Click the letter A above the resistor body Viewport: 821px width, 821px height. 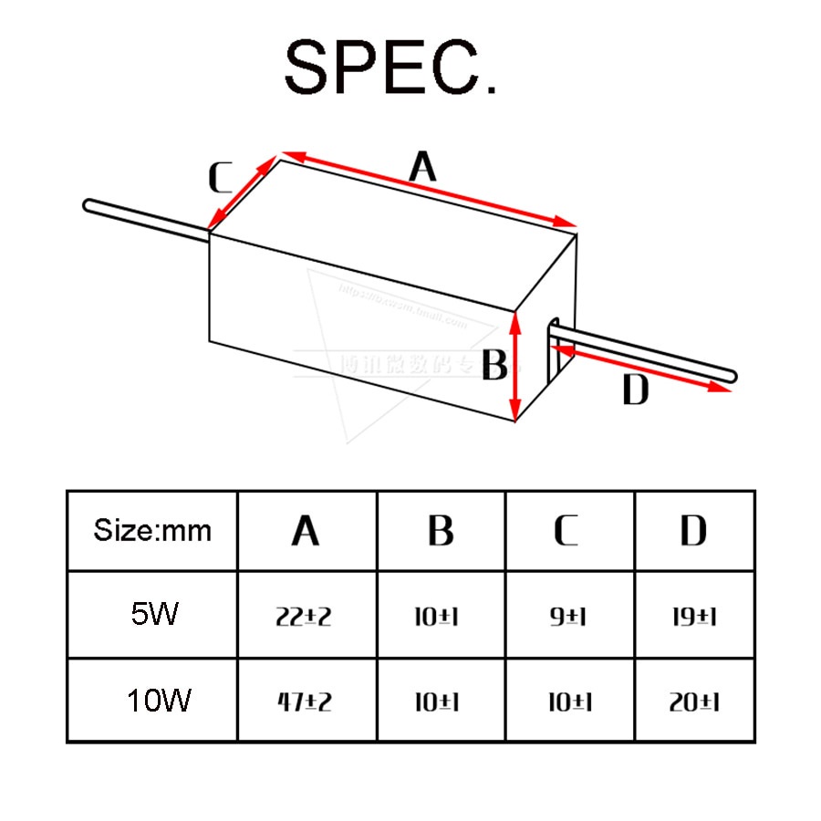coord(421,167)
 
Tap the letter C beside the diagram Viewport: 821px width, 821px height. coord(220,179)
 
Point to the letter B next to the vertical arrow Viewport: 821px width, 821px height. coord(494,367)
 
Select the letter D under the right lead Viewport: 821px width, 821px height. coord(635,390)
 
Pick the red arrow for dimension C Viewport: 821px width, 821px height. coord(242,192)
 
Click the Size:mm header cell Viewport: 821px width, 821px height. coord(152,531)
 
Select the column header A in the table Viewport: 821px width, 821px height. coord(306,531)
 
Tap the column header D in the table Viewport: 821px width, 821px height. coord(693,531)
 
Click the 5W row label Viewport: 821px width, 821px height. coord(152,614)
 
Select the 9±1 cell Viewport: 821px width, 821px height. coord(568,617)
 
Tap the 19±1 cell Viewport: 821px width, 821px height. coord(693,617)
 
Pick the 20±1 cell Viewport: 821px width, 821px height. coord(693,703)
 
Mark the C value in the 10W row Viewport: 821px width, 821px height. coord(568,703)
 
